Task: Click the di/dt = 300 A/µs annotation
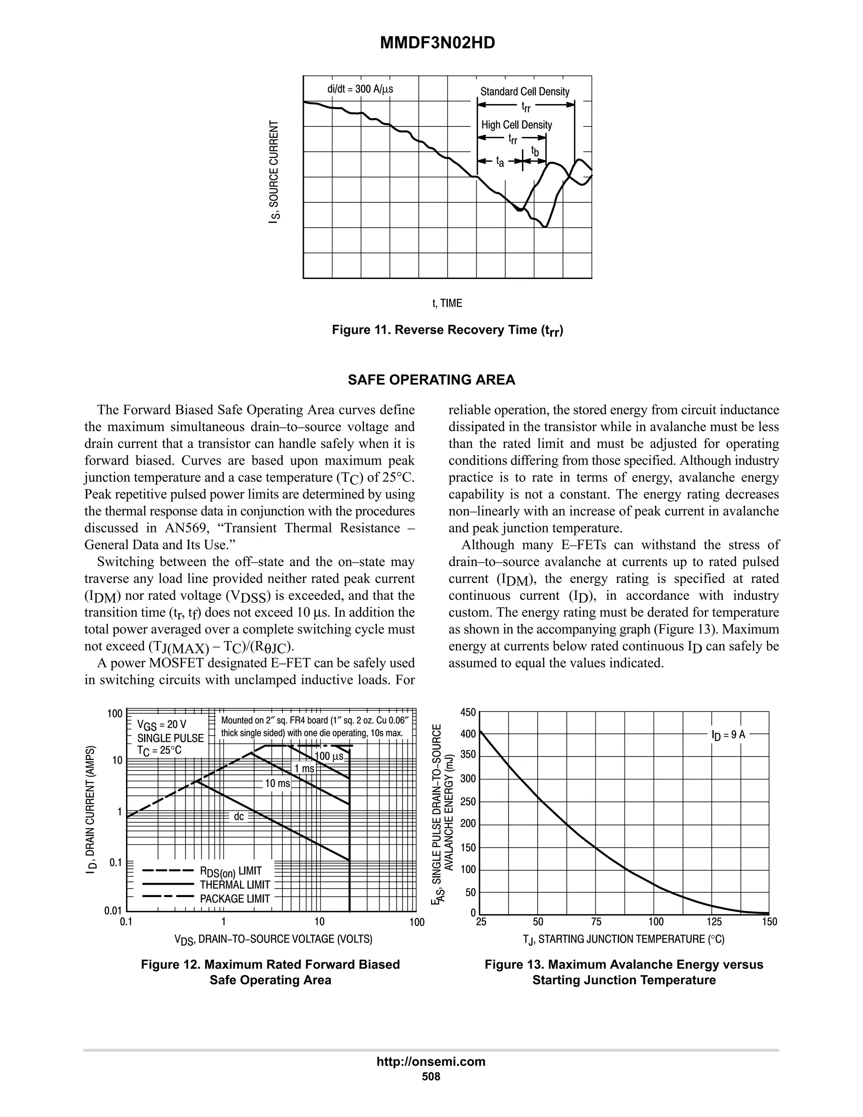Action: tap(360, 89)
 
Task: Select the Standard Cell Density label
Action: tap(525, 91)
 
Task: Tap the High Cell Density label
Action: tap(516, 125)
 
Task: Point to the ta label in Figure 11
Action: tap(500, 162)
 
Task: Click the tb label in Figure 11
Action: tap(535, 151)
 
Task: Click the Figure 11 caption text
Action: tap(448, 330)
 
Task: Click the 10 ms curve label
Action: tap(277, 783)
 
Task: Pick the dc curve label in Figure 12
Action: tap(239, 817)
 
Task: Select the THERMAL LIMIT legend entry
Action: tap(235, 884)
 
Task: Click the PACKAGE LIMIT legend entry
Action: tap(235, 899)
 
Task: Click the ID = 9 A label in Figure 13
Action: tap(728, 734)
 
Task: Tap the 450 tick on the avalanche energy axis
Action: tap(468, 712)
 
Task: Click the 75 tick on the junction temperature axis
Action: tap(596, 921)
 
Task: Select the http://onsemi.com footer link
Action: tap(431, 1061)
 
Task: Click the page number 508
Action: tap(431, 1077)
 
